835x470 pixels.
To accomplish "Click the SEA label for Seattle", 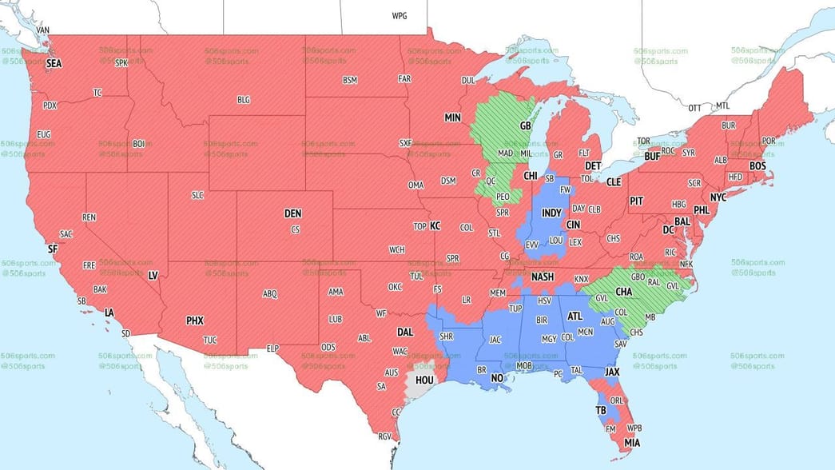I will [54, 63].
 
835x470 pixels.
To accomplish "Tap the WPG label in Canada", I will [399, 16].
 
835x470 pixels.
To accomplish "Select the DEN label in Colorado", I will [293, 213].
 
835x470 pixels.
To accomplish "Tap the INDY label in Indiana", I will [551, 214].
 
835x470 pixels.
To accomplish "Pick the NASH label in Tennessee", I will [543, 277].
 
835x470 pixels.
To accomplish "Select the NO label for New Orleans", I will [497, 378].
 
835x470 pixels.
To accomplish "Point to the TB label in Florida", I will [601, 409].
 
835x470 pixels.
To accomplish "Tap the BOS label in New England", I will [757, 165].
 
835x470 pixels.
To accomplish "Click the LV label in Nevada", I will [153, 275].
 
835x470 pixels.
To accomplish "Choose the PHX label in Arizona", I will [195, 321].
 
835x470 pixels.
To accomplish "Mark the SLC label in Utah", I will [198, 195].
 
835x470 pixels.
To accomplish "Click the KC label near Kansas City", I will [435, 226].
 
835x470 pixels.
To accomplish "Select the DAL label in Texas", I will [405, 331].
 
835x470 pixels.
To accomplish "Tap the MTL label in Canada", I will [722, 106].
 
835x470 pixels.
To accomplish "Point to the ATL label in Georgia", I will [575, 316].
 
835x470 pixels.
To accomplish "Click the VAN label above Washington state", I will [43, 30].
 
